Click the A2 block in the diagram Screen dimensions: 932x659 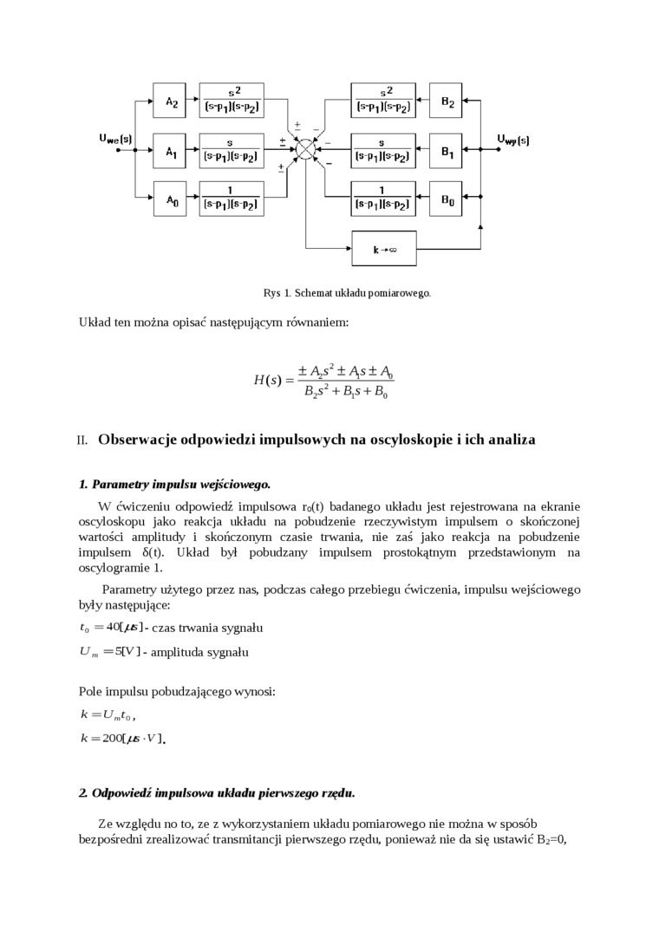(x=171, y=101)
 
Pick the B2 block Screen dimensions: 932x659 (x=447, y=101)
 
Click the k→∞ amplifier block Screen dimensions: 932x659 (x=383, y=249)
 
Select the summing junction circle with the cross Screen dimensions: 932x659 (x=305, y=150)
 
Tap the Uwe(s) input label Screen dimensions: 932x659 (x=114, y=139)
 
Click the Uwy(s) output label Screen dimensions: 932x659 (x=512, y=139)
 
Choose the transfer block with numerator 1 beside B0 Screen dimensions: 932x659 (x=382, y=199)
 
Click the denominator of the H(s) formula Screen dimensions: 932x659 (x=345, y=392)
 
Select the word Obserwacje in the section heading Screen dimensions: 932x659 (x=138, y=440)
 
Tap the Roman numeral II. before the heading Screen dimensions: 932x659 (x=82, y=440)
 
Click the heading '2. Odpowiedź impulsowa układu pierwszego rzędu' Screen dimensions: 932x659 (x=217, y=792)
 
